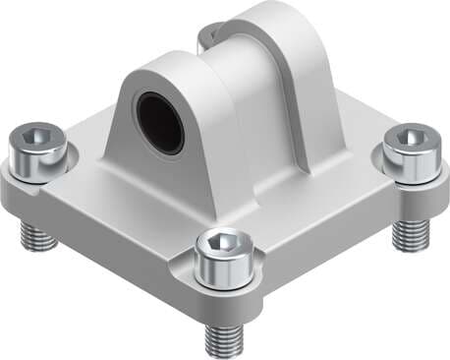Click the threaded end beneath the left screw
click(35, 234)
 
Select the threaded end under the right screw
click(409, 234)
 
